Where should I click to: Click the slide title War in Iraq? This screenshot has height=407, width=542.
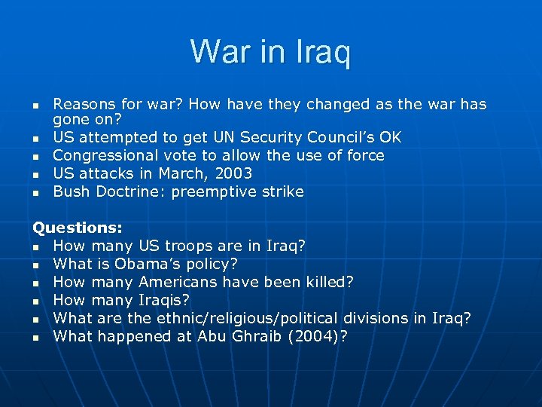pyautogui.click(x=270, y=51)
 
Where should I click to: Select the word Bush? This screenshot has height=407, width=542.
pyautogui.click(x=71, y=191)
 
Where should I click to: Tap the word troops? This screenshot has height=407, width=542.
pyautogui.click(x=184, y=246)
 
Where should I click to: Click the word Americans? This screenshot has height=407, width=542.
pyautogui.click(x=176, y=282)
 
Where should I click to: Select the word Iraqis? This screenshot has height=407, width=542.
pyautogui.click(x=166, y=300)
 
